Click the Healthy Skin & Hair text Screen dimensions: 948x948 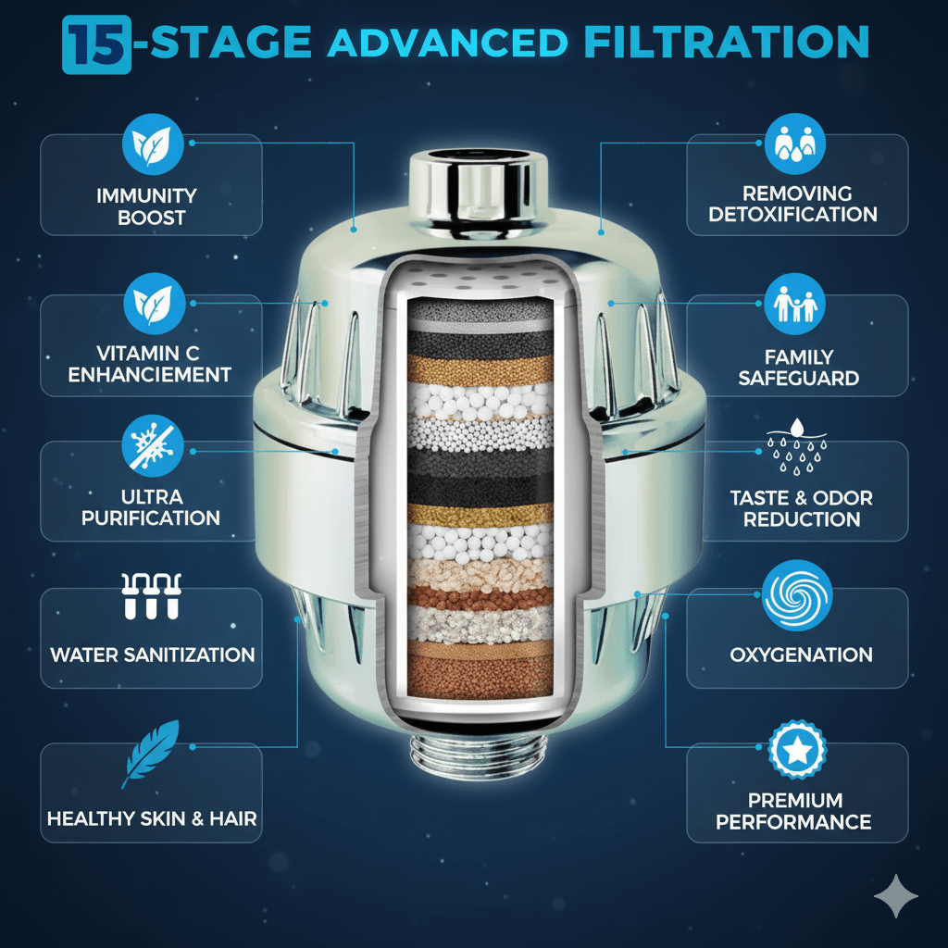pos(152,818)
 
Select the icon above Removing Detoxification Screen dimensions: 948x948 pos(793,143)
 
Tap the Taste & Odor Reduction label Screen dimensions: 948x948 pos(801,508)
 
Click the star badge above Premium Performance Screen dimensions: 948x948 pos(796,751)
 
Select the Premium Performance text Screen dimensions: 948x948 pos(795,810)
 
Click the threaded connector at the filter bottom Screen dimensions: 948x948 pos(474,757)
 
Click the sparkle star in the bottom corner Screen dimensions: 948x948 pos(895,897)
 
